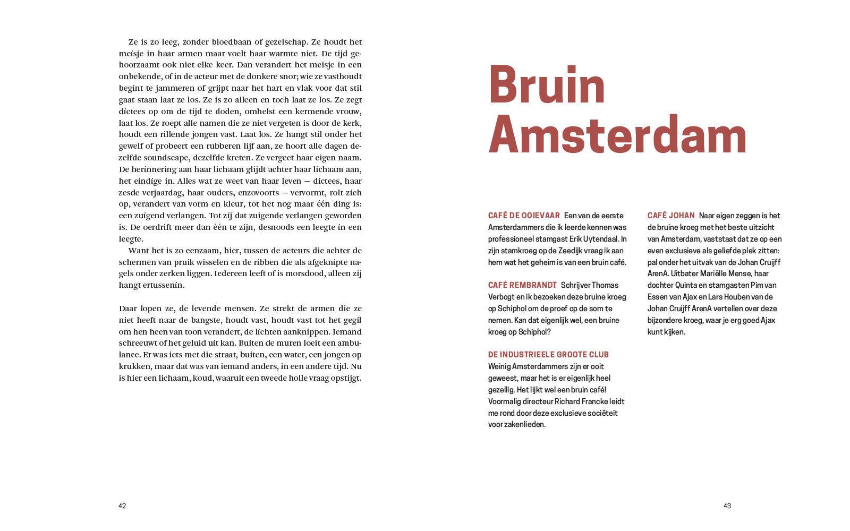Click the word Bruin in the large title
(x=547, y=85)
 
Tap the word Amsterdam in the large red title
(x=617, y=135)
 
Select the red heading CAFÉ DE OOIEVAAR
(x=524, y=216)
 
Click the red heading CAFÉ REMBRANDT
(x=522, y=285)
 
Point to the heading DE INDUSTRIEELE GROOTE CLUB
(x=548, y=355)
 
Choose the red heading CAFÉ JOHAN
(x=671, y=216)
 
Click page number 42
(x=122, y=506)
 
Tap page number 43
(x=727, y=506)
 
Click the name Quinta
(x=686, y=285)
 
